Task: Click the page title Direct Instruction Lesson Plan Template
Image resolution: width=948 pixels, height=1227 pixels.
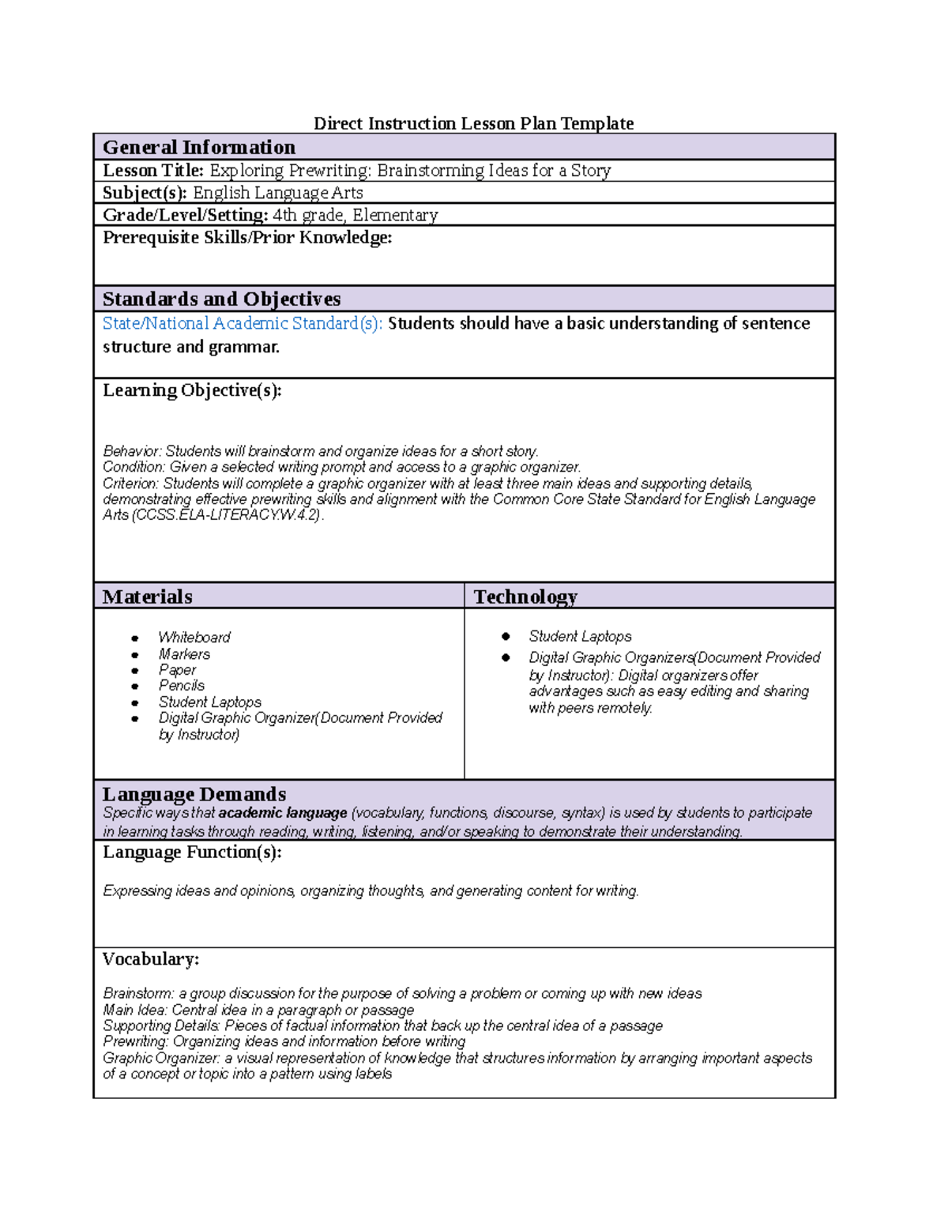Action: coord(473,123)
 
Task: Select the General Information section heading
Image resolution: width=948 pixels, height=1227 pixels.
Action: coord(199,148)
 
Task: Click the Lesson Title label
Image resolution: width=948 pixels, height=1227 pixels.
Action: coord(153,171)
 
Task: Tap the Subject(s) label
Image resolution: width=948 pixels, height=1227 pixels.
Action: coord(145,193)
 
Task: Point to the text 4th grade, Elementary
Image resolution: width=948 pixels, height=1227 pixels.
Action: coord(355,215)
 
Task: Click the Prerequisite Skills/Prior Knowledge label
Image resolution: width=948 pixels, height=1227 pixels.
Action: coord(247,238)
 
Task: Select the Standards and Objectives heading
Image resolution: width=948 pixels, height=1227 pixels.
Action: coord(221,299)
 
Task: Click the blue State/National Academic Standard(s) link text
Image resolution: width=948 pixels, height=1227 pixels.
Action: coord(243,323)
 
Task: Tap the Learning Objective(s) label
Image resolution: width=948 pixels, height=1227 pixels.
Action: coord(192,390)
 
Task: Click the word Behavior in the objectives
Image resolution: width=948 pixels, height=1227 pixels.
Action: coord(131,451)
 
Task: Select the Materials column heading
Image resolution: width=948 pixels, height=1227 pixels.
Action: coord(148,597)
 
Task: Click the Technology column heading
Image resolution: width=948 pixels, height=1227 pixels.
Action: coord(525,597)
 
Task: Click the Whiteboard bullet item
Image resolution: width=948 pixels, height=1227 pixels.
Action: coord(194,637)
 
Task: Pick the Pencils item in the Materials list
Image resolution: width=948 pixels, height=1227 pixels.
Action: coord(182,686)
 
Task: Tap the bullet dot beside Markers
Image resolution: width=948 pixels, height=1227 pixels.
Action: coord(135,654)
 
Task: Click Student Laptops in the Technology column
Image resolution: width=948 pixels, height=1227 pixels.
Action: coord(580,636)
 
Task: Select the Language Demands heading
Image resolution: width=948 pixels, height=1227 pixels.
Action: coord(194,794)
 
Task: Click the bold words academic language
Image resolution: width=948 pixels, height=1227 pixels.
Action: coord(283,813)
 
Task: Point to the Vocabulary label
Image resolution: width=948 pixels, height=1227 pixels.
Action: coord(151,959)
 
